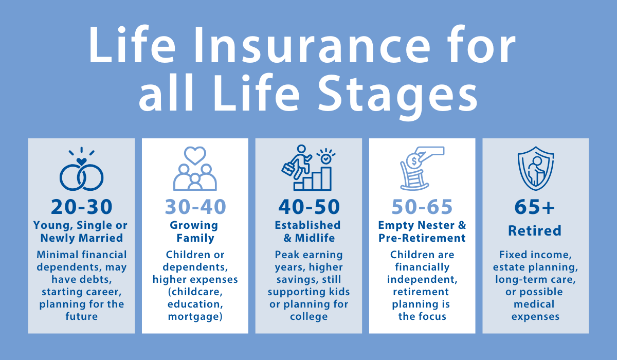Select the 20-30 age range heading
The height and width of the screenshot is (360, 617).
click(x=82, y=207)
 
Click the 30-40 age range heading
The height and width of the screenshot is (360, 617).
click(x=195, y=207)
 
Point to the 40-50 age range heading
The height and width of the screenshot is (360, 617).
click(x=309, y=207)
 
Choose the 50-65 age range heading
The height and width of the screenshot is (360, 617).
click(x=422, y=207)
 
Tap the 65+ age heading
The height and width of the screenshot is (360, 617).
click(x=534, y=207)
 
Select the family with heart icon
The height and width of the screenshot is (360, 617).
click(x=195, y=168)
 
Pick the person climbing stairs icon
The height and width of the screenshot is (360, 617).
click(x=308, y=168)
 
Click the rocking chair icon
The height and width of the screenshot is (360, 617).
click(x=414, y=176)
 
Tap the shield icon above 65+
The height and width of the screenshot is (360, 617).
click(x=536, y=168)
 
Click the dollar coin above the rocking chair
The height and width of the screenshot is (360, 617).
click(x=414, y=161)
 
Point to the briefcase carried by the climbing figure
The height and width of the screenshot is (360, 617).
click(x=288, y=169)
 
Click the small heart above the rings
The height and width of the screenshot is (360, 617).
click(x=82, y=161)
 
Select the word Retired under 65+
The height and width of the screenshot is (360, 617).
click(x=535, y=230)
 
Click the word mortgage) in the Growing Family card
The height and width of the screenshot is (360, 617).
click(x=195, y=317)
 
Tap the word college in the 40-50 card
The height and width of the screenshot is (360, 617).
click(x=309, y=316)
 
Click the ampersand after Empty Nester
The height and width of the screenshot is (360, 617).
click(x=462, y=225)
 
